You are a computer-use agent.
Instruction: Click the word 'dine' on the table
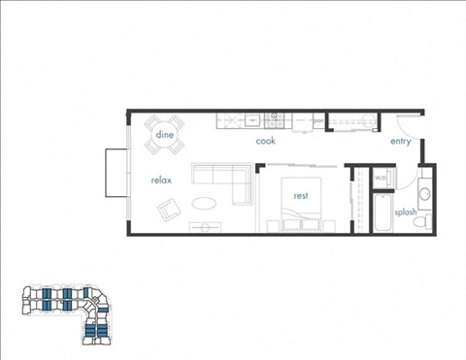click(x=164, y=135)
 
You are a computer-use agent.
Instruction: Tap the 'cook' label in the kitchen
click(x=266, y=141)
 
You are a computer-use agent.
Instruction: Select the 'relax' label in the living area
click(x=161, y=180)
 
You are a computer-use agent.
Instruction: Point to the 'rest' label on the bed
click(x=301, y=195)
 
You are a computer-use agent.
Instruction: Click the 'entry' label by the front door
click(x=401, y=141)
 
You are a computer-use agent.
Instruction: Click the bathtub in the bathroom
click(x=381, y=215)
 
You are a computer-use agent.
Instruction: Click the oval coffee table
click(x=205, y=204)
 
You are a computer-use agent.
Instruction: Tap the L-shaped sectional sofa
click(x=219, y=177)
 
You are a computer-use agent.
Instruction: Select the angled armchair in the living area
click(x=169, y=208)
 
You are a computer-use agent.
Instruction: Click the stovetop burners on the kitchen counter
click(x=275, y=120)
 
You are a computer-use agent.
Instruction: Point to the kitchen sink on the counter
click(x=251, y=120)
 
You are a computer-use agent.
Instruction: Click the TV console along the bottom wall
click(x=205, y=228)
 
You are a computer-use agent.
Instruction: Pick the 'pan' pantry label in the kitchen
click(x=317, y=121)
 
